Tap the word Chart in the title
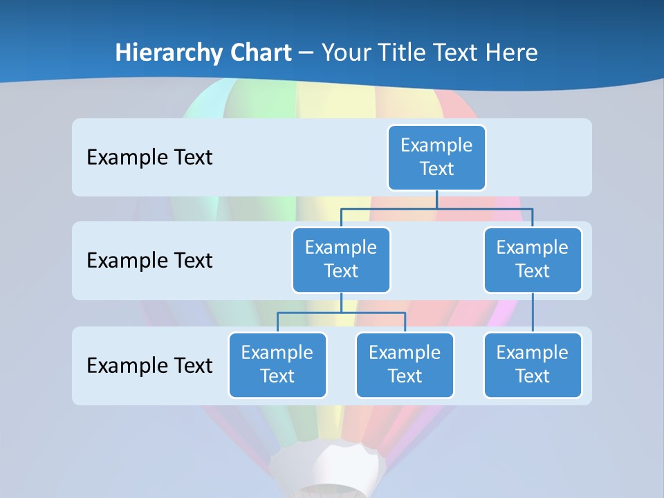(257, 53)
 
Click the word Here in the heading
(513, 53)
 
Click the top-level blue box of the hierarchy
(436, 157)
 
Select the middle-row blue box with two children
(341, 259)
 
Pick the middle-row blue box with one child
(533, 259)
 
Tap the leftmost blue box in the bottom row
(277, 365)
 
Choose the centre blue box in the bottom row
(405, 365)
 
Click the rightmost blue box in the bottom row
(533, 365)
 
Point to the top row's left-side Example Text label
(149, 158)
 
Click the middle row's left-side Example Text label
(149, 261)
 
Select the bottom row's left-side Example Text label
(149, 365)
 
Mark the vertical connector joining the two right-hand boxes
(533, 313)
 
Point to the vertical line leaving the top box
(436, 199)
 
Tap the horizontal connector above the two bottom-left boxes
(341, 313)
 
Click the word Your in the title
(344, 53)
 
